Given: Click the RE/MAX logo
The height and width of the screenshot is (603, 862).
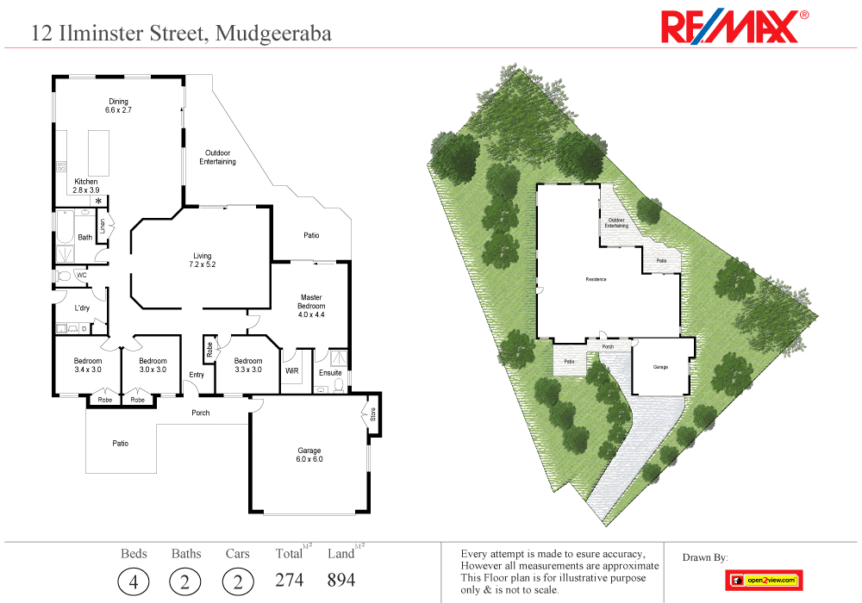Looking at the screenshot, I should pos(734,27).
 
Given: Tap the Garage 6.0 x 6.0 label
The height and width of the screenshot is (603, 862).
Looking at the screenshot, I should pos(309,455).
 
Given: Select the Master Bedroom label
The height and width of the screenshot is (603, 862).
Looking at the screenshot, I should pos(311,306).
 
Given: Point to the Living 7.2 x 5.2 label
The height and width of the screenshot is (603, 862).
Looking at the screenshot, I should pos(203,260).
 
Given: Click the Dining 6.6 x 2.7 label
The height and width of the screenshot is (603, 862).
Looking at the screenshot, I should pos(118,106).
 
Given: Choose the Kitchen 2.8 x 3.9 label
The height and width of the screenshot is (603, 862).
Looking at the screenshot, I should pos(85,186).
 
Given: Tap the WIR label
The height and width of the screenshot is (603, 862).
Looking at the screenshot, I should pos(291,372).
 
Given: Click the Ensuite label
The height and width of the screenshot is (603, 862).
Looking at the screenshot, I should pos(330,373).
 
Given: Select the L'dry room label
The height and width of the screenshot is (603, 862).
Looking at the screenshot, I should pos(83,308).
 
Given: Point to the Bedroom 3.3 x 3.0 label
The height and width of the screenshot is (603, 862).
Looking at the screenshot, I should pos(248,365).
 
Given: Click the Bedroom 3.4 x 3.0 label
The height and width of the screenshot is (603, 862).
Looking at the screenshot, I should pos(88,365).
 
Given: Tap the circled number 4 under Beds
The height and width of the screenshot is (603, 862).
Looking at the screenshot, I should pos(133,581).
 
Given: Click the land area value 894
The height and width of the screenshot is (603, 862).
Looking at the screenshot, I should pos(340,580).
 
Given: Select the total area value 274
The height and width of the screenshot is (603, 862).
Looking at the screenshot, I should pos(289,580).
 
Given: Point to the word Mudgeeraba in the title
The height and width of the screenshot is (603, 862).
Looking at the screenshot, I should pos(273,34).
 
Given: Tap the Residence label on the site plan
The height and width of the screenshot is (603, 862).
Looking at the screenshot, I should pos(596,279).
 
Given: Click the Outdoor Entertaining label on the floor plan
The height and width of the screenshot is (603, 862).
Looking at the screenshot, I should pos(217,158).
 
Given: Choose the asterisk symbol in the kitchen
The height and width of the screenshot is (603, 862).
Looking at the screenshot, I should pos(99,201).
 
